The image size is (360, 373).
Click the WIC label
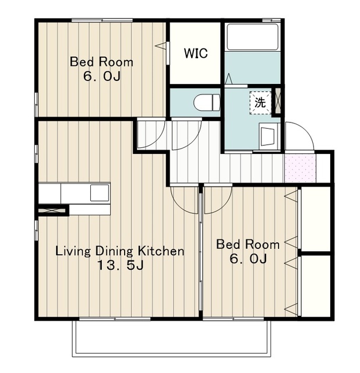coord(196,53)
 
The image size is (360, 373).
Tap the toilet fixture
coord(207,103)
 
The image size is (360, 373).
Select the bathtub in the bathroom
coord(252,37)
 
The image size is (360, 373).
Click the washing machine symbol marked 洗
coord(260,103)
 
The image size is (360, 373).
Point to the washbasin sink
coord(268,136)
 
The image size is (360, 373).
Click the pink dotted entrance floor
coord(301,168)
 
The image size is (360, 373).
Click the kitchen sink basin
coord(100,193)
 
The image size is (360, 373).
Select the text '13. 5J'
coord(121,265)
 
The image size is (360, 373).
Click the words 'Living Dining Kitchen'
coord(119,251)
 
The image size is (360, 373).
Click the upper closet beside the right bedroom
coord(316,219)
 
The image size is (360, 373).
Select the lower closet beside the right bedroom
coord(316,286)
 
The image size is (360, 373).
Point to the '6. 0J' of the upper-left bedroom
coord(102,76)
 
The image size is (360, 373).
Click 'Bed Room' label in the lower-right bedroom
coord(248,245)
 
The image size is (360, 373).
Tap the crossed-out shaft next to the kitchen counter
coord(52,210)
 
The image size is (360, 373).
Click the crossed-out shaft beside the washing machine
coord(277,101)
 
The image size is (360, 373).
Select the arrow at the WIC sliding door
coord(160,45)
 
